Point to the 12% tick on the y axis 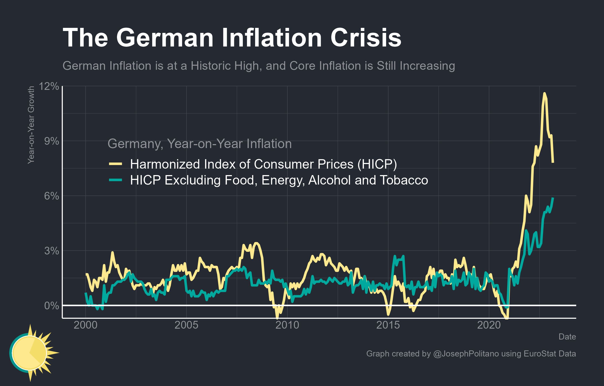tap(49, 86)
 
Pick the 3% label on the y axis tap(51, 251)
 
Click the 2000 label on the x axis tap(86, 325)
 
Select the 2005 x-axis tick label tap(186, 325)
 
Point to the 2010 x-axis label tap(287, 325)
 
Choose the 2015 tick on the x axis tap(388, 325)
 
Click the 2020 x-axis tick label tap(489, 325)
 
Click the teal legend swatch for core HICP tap(115, 180)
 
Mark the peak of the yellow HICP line tap(544, 93)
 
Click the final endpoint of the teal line tap(553, 198)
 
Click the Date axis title tap(567, 337)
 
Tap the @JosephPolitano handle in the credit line tap(466, 354)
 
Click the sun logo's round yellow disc tap(29, 353)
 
